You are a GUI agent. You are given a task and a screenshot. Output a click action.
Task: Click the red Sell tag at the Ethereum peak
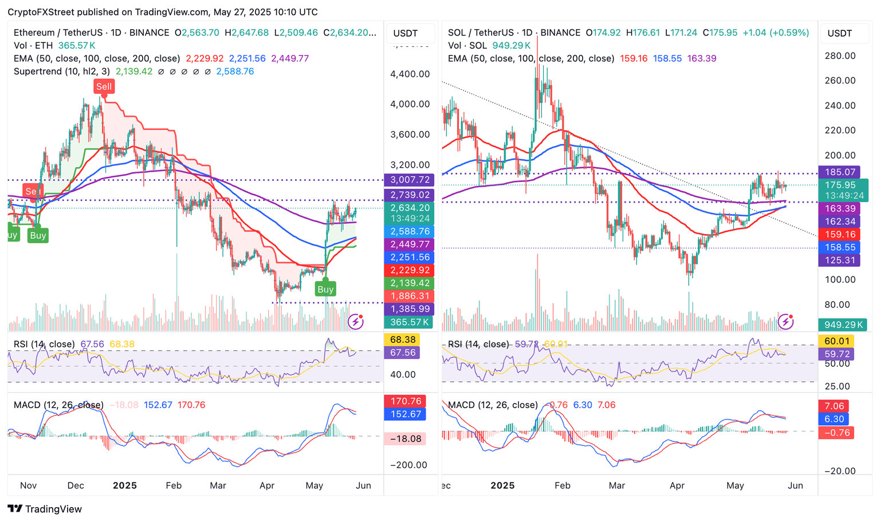[x=104, y=87]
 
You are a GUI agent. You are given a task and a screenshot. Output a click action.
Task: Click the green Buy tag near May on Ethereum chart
[x=325, y=289]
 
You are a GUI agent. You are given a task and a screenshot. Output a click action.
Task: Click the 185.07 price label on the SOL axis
[x=840, y=172]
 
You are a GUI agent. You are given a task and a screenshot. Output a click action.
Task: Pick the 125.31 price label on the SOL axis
[x=840, y=260]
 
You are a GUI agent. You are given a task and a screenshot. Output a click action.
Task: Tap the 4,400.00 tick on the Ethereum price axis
[x=410, y=74]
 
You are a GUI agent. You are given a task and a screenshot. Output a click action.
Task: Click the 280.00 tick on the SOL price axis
[x=840, y=56]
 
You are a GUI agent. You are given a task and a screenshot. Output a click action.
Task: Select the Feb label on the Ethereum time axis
[x=174, y=485]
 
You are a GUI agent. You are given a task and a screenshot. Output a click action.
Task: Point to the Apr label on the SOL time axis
[x=677, y=485]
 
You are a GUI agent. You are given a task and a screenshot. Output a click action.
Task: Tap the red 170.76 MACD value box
[x=406, y=401]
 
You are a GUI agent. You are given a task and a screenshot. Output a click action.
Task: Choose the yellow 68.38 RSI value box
[x=403, y=340]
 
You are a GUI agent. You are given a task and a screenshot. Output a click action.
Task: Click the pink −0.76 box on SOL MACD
[x=836, y=433]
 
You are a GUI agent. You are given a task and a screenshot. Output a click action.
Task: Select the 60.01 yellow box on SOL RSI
[x=836, y=341]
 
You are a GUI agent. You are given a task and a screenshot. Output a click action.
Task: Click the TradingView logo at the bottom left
[x=45, y=509]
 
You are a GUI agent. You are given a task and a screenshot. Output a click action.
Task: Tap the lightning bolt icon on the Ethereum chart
[x=356, y=321]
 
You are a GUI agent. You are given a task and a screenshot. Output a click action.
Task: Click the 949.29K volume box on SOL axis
[x=843, y=325]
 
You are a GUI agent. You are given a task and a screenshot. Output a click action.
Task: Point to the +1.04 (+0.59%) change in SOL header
[x=776, y=33]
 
